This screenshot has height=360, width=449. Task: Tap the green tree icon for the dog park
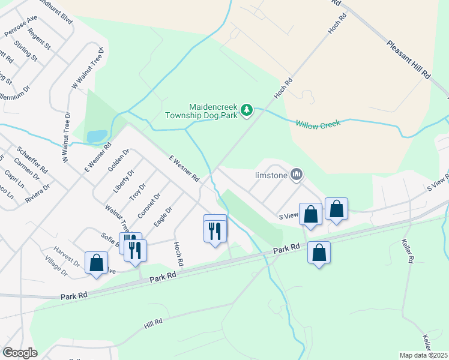tap(246, 110)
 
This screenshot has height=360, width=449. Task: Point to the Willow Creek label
tap(318, 124)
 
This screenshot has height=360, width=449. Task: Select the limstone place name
tap(271, 175)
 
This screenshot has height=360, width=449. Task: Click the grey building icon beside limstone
tap(295, 175)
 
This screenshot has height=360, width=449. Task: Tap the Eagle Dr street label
tap(163, 217)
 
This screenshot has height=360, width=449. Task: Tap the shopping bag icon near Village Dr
tap(96, 263)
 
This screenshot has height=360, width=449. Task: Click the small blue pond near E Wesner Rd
tap(97, 136)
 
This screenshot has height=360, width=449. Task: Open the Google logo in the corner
tap(20, 353)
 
